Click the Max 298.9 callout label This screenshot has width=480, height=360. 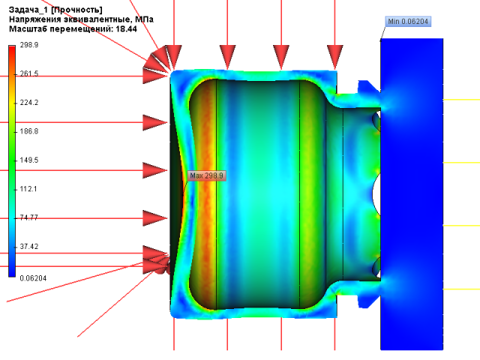(x=207, y=175)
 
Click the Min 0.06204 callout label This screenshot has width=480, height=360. (x=408, y=22)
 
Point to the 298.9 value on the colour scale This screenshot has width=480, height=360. (x=29, y=45)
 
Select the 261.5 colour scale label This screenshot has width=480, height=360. (x=29, y=73)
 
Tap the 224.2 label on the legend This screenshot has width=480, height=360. (x=29, y=103)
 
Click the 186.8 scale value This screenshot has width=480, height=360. (x=29, y=131)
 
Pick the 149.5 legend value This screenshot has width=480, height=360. (x=29, y=160)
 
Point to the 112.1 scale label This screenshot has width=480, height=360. (x=28, y=189)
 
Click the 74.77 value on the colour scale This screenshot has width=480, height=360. (x=29, y=217)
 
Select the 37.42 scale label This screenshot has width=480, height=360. (x=29, y=247)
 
